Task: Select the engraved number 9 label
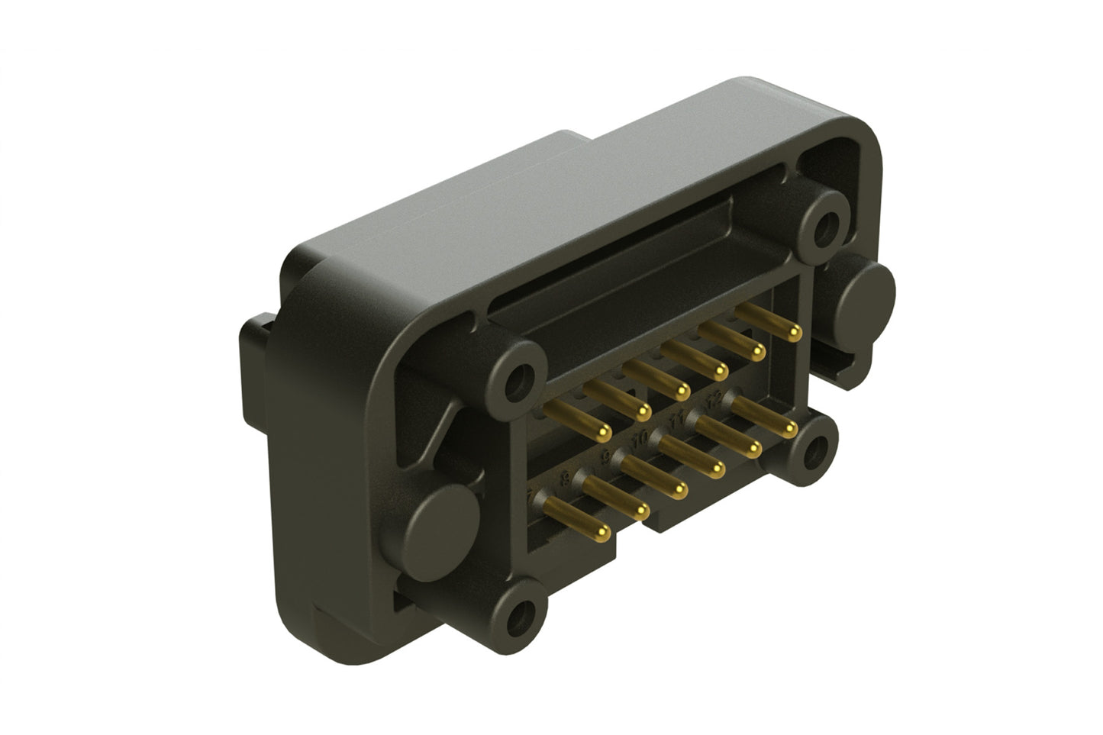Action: [x=607, y=458]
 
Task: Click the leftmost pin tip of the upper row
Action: [x=604, y=433]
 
